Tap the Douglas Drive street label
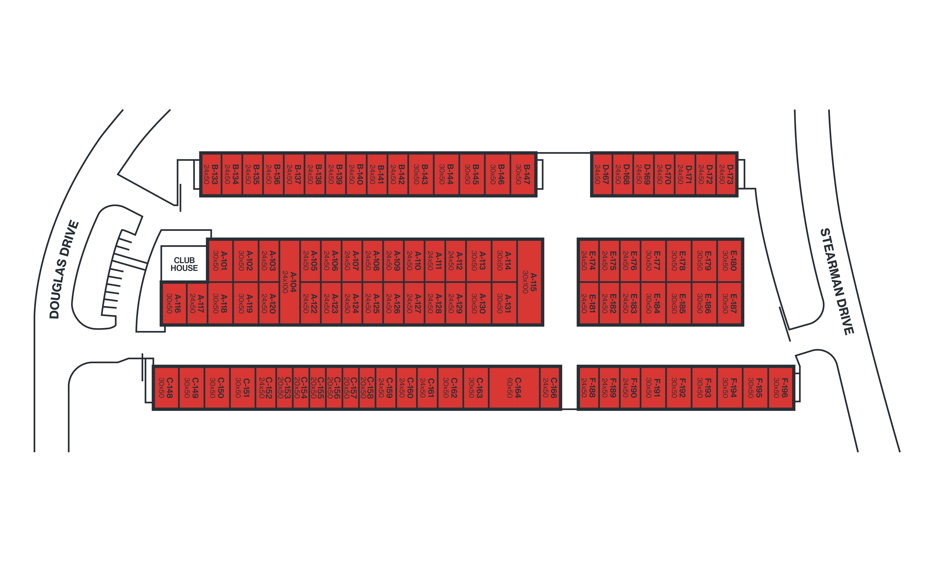(64, 269)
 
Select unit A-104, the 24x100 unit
(290, 282)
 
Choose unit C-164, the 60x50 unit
(514, 387)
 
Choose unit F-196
(781, 387)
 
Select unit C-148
(166, 387)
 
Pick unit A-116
(174, 303)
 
